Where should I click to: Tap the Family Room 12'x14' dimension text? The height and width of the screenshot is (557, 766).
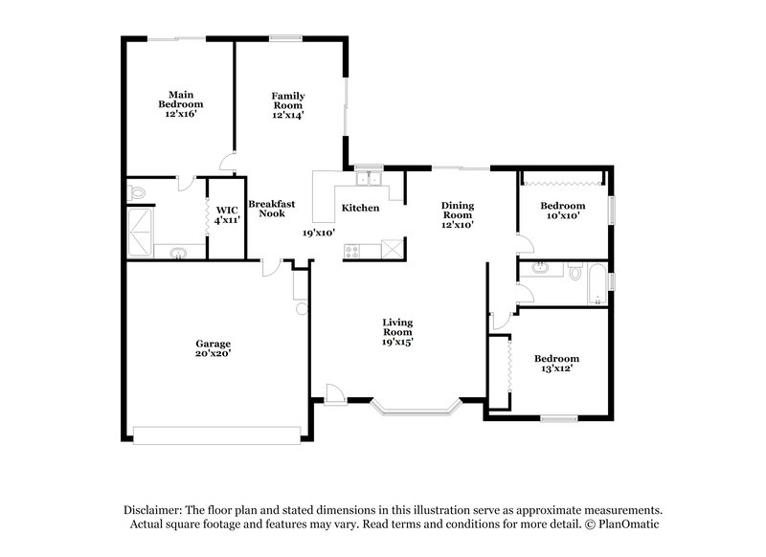[287, 114]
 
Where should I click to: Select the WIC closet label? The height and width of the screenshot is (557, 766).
[227, 210]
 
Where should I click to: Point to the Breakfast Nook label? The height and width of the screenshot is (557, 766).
[271, 209]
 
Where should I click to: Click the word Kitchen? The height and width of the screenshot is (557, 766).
[360, 208]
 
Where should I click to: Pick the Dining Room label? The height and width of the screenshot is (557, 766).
[458, 211]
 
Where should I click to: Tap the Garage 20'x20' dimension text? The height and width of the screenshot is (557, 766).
[214, 353]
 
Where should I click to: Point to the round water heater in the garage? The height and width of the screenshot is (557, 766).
[300, 309]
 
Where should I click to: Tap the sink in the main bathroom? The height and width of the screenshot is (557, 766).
[178, 254]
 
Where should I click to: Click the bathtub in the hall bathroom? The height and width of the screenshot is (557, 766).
[596, 282]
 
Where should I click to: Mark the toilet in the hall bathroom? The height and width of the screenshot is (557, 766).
[574, 273]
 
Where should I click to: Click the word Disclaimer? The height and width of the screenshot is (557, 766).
[155, 510]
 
